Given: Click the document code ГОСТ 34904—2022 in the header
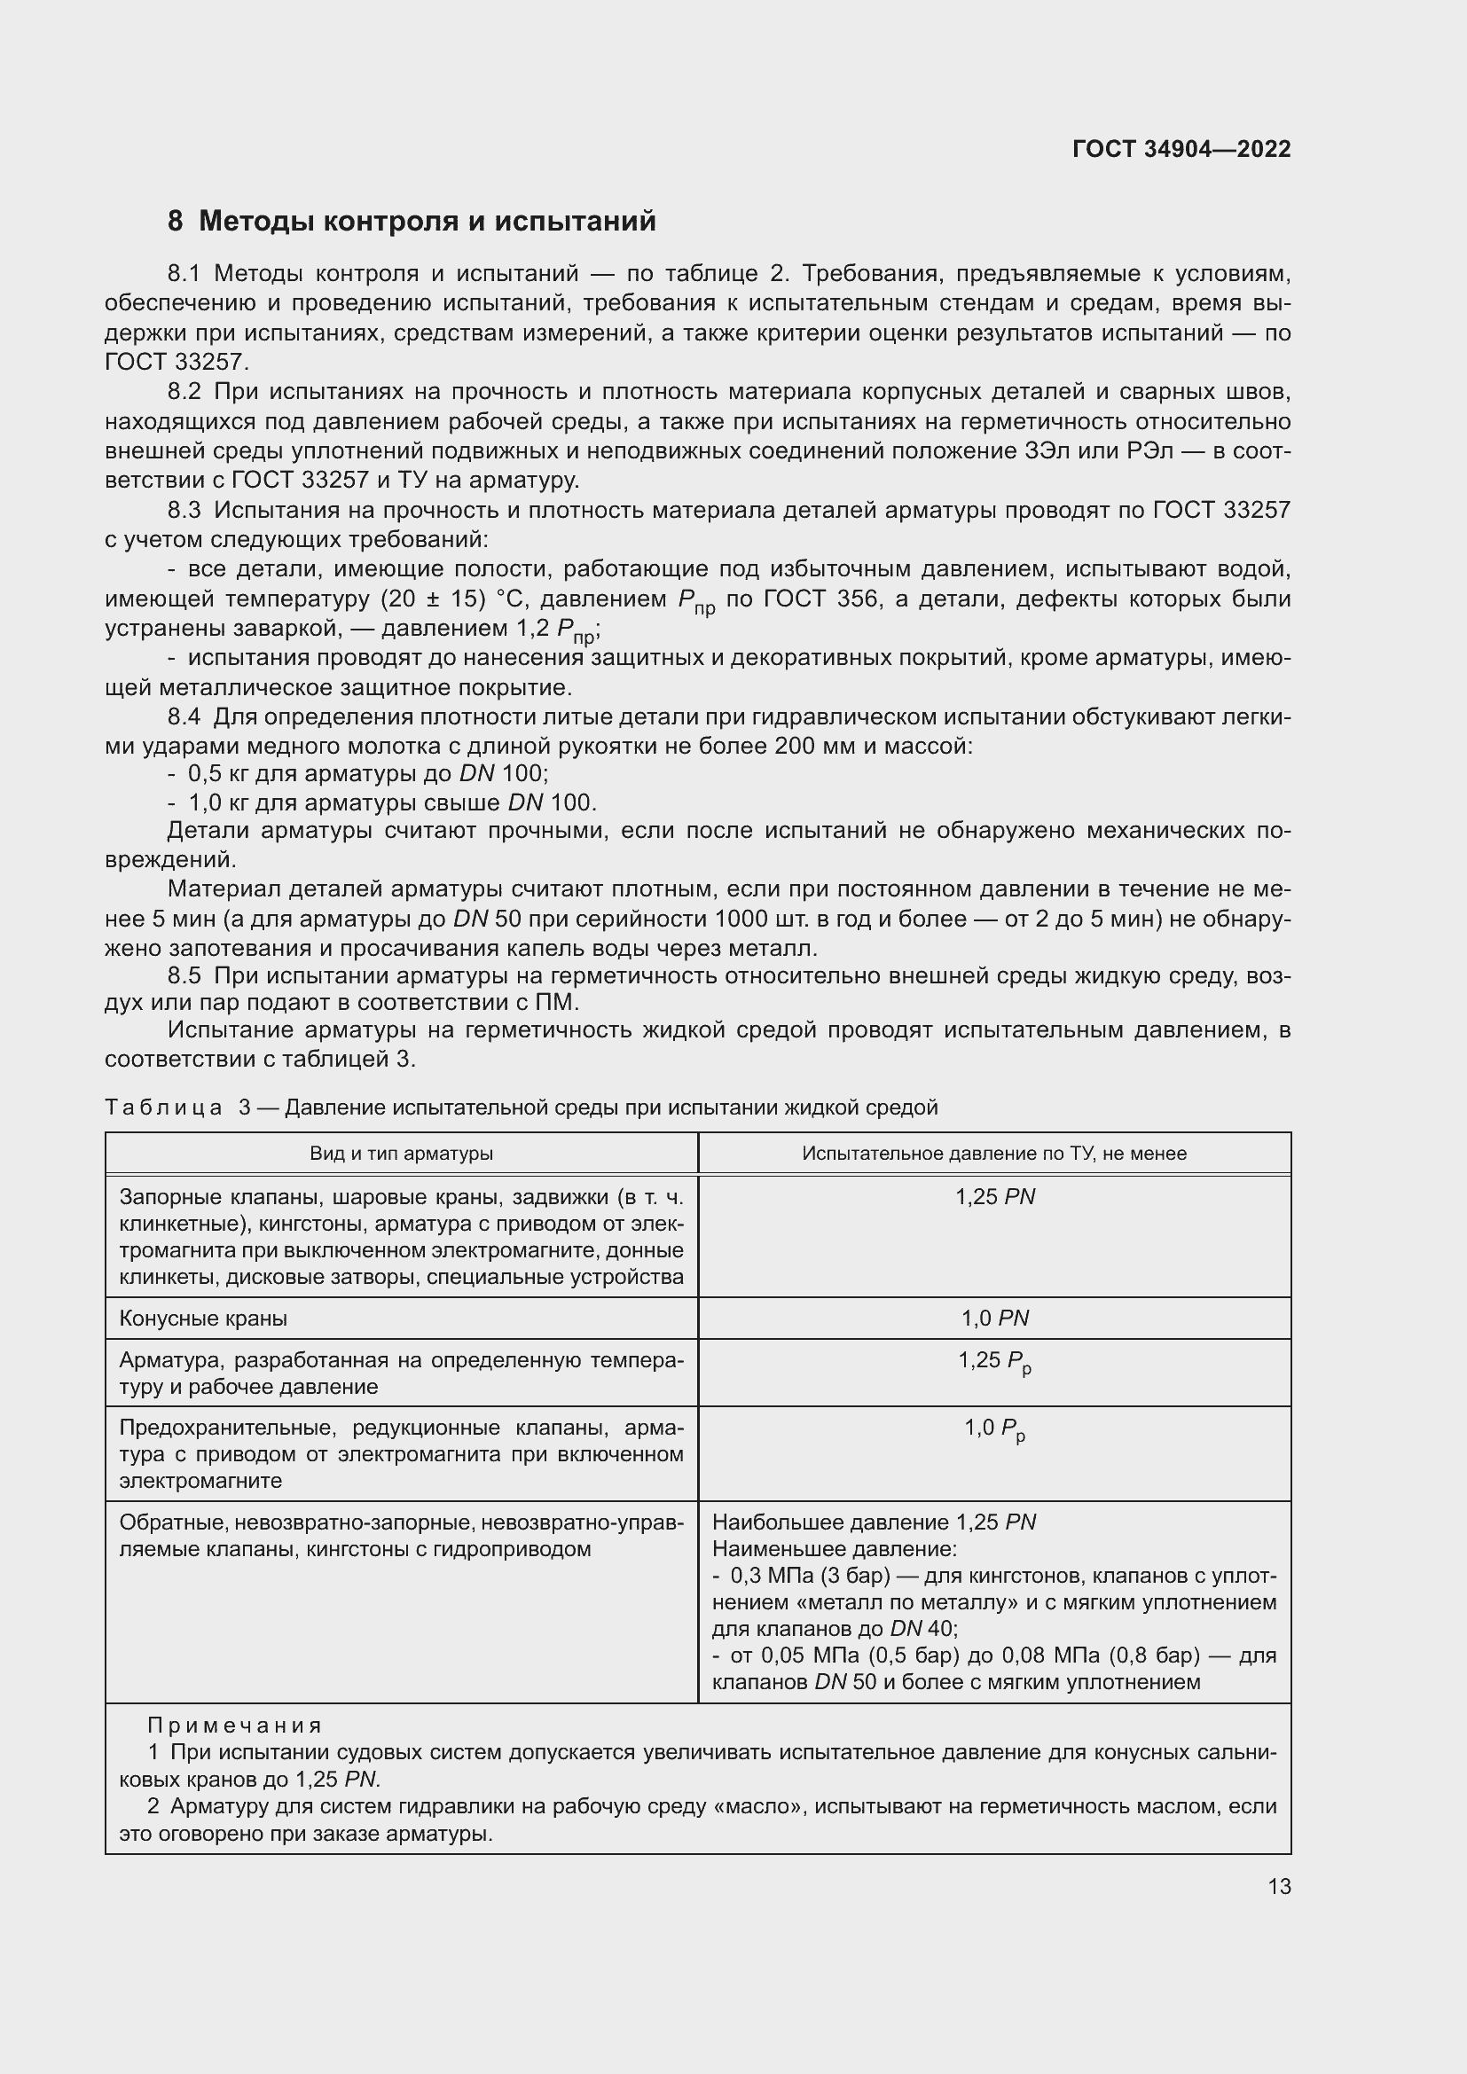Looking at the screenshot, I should pos(1181,149).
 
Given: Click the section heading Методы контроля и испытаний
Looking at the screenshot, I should pos(427,221).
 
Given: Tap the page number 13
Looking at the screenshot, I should pos(1279,1886).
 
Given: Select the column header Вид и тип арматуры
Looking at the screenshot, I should pos(401,1154).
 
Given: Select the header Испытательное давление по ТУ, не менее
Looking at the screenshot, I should pos(993,1154).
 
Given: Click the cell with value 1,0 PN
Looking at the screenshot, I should pos(994,1318).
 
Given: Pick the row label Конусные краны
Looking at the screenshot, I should pos(203,1318).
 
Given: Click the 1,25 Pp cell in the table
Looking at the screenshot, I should pos(994,1360).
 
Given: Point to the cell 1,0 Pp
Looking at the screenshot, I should pos(994,1428).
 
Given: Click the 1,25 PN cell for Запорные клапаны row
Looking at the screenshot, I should pos(994,1197).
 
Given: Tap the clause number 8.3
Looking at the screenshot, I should pos(184,511).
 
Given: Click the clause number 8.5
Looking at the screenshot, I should pos(184,975).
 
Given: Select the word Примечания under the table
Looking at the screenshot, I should pos(234,1726).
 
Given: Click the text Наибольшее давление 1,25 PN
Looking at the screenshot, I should pos(874,1522).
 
